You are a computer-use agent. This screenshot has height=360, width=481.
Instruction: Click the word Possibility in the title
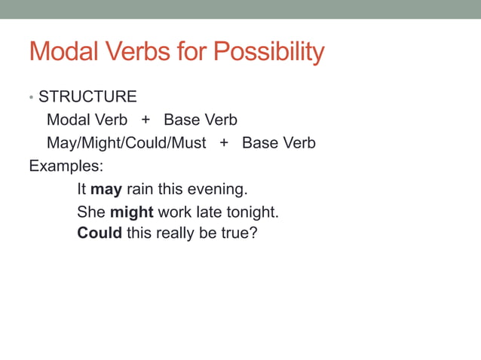pos(269,52)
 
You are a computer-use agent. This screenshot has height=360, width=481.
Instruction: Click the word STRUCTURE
pos(87,97)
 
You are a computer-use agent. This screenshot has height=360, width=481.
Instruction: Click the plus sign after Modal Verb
pos(146,120)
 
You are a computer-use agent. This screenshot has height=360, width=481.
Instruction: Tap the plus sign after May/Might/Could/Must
pos(224,143)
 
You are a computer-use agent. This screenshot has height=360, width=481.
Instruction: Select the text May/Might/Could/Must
pos(126,143)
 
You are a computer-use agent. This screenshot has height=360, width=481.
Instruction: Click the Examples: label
pos(66,166)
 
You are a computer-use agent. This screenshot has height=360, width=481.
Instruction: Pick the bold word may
pos(106,189)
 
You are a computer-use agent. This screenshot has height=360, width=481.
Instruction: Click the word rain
pos(139,189)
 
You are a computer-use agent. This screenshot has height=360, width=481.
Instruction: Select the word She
pos(91,212)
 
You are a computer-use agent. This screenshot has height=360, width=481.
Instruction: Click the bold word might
pos(132,212)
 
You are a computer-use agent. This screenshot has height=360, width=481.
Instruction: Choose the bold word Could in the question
pos(100,233)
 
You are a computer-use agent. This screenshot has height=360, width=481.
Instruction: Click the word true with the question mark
pos(240,233)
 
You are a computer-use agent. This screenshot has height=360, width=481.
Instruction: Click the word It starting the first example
pos(82,189)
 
